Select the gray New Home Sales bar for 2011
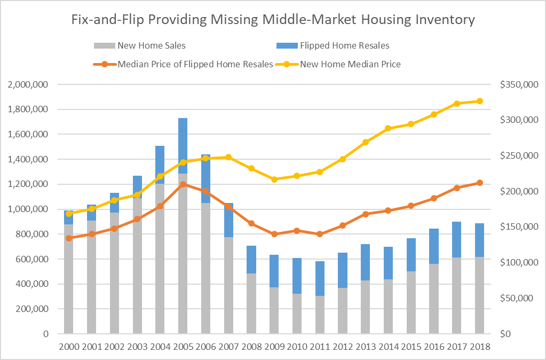[x=320, y=315]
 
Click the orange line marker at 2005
[x=183, y=184]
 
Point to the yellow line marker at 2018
[x=480, y=101]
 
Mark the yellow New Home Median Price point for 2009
[x=274, y=179]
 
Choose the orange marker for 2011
[x=320, y=234]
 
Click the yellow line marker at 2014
[x=389, y=128]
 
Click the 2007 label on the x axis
[x=228, y=347]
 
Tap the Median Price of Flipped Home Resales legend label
[x=195, y=64]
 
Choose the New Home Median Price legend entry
[x=350, y=64]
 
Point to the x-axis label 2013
[x=366, y=347]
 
